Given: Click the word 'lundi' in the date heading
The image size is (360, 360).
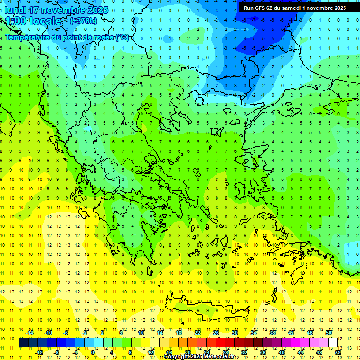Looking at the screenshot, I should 15,10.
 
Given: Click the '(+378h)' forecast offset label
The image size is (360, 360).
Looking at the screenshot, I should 83,21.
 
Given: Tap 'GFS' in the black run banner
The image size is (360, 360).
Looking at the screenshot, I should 261,7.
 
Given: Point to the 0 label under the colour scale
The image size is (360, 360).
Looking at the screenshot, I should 93,352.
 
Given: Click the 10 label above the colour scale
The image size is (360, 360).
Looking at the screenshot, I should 141,333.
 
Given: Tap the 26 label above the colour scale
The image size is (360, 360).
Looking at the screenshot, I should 216,333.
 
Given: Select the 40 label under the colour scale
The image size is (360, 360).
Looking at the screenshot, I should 281,352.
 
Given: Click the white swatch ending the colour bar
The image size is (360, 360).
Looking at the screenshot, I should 333,343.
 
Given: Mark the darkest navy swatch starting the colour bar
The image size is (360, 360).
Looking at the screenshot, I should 23,343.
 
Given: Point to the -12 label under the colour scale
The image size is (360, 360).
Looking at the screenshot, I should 39,352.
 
